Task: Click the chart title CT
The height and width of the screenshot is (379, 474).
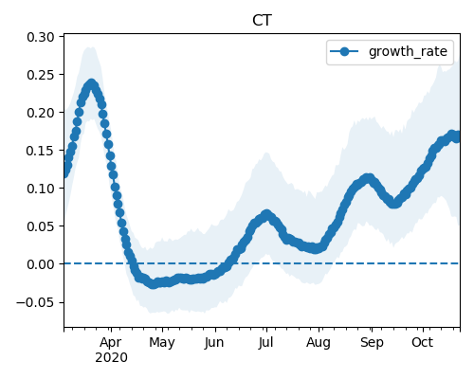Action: (262, 21)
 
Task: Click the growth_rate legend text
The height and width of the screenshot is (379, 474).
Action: (408, 51)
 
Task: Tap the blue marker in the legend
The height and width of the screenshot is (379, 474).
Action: (344, 51)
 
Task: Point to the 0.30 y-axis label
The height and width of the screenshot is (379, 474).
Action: (41, 37)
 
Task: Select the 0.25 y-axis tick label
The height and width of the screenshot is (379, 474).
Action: (41, 75)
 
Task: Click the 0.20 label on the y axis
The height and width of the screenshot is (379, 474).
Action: (41, 113)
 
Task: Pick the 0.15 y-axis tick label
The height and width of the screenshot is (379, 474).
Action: (41, 151)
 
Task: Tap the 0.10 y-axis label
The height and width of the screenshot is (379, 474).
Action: (41, 189)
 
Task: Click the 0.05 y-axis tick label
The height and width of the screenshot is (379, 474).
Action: (41, 226)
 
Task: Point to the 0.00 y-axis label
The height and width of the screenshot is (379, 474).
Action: (41, 264)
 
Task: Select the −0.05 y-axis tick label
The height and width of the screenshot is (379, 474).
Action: (36, 302)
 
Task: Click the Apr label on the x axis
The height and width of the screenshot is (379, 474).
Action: (111, 342)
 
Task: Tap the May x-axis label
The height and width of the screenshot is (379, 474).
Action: (162, 343)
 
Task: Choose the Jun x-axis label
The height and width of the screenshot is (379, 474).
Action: (214, 342)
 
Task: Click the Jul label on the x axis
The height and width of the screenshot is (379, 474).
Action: (265, 342)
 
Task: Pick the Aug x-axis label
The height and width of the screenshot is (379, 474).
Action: (319, 343)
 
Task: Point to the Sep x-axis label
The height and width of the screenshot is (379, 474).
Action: (372, 343)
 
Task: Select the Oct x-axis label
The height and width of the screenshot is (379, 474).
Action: (423, 342)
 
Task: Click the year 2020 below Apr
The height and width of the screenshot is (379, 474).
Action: (111, 357)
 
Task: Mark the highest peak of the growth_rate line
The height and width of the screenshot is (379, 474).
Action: (91, 84)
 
